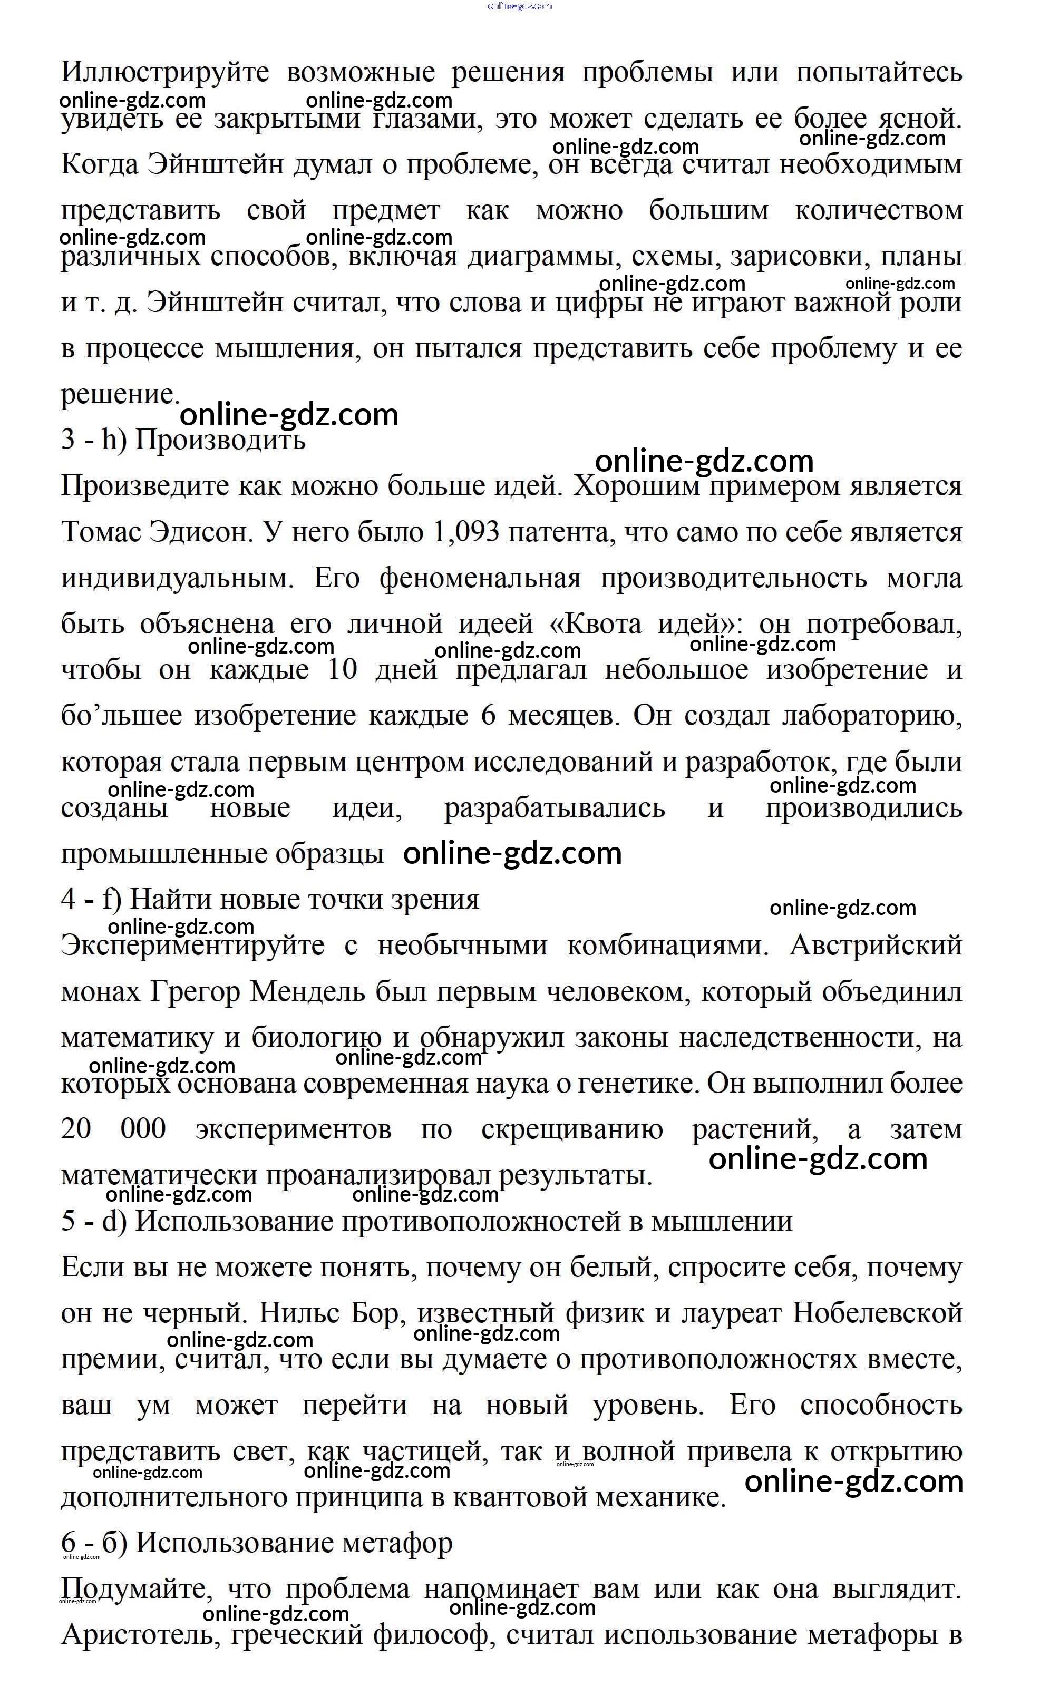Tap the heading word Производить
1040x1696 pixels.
tap(220, 440)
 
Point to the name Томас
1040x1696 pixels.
tap(101, 532)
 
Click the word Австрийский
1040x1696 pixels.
tap(876, 946)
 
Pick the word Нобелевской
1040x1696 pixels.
tap(877, 1314)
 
